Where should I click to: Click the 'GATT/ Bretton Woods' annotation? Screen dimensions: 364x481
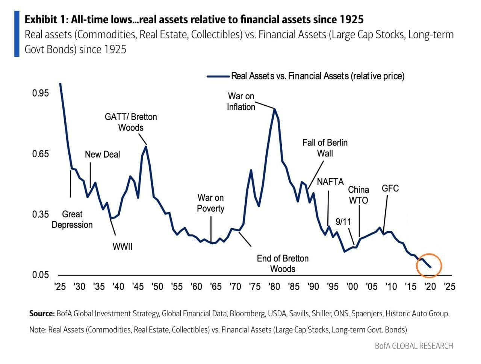[131, 122]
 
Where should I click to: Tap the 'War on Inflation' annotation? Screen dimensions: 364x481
[241, 102]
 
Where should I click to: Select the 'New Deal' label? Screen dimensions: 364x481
[102, 154]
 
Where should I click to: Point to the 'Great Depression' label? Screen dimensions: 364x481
[72, 219]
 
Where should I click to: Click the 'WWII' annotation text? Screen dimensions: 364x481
[123, 247]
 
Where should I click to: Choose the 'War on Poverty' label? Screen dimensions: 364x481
[210, 203]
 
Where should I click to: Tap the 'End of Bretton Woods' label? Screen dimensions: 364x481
[283, 264]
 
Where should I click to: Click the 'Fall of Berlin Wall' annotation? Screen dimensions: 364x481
[325, 148]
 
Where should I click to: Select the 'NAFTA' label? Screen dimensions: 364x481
[330, 182]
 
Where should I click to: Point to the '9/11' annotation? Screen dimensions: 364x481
[343, 221]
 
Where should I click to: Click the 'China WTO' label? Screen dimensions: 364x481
[358, 195]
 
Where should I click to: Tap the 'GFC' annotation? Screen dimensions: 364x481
[390, 188]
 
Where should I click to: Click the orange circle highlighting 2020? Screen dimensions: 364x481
[429, 265]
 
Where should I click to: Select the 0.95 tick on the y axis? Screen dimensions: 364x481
[40, 93]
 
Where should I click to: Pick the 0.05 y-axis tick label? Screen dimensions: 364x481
[40, 275]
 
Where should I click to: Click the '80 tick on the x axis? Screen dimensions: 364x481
[274, 287]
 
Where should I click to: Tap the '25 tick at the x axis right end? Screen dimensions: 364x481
[449, 287]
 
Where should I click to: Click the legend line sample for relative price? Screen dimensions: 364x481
[218, 76]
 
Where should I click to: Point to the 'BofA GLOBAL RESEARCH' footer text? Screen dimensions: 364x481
[414, 346]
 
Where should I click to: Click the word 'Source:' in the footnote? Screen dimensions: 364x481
[42, 314]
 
